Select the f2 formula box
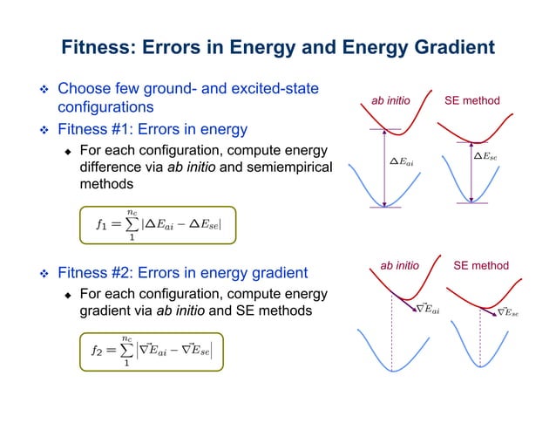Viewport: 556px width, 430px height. point(158,350)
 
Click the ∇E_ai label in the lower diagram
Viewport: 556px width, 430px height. point(427,308)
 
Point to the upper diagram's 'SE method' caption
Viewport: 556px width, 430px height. point(472,101)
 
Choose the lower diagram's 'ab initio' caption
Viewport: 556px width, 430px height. point(400,263)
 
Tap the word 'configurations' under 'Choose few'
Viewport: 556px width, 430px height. point(105,107)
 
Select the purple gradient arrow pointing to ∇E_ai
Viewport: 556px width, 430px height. point(404,301)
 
